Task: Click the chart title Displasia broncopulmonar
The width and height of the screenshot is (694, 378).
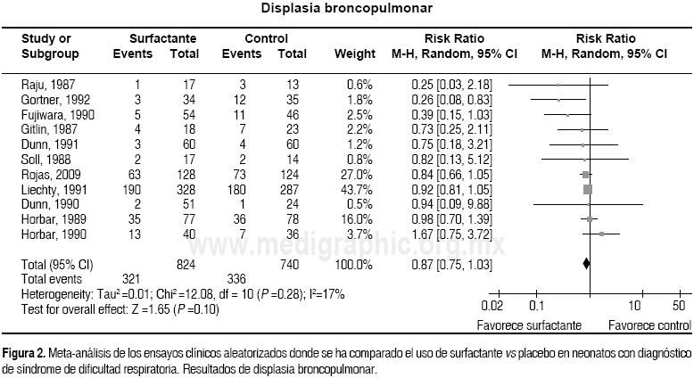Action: [347, 9]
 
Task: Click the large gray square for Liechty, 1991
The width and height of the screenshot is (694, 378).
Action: [587, 190]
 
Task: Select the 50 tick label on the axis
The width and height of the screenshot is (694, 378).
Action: [679, 306]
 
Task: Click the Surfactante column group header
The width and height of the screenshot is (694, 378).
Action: [162, 39]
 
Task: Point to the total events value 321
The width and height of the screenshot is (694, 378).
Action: [132, 279]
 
